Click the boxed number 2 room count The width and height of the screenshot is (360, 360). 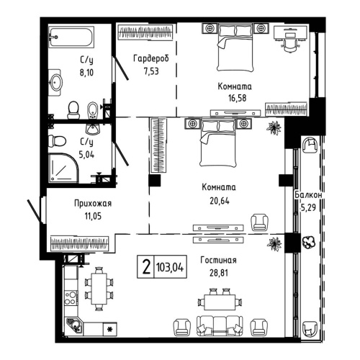[146, 267]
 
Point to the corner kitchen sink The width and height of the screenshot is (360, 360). [74, 324]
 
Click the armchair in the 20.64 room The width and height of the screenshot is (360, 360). [258, 221]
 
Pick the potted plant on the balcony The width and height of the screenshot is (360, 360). [310, 243]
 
